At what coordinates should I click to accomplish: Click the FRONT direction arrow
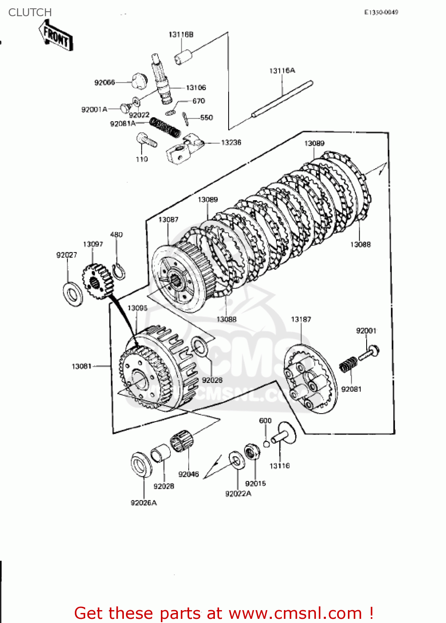[56, 37]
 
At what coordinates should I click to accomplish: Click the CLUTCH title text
[30, 12]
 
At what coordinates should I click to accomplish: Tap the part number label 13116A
[282, 71]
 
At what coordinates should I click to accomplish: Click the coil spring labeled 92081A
[165, 127]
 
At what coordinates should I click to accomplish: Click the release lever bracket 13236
[183, 148]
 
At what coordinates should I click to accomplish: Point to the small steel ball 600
[266, 444]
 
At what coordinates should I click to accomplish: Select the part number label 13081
[81, 366]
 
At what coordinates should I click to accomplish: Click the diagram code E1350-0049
[381, 12]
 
